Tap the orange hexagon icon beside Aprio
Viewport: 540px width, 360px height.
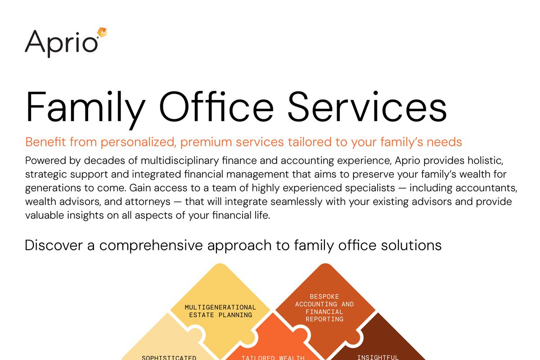[x=102, y=33]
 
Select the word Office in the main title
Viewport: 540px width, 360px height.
[x=216, y=107]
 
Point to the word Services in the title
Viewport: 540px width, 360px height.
[x=367, y=107]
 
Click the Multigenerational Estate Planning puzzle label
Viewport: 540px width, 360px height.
[x=220, y=311]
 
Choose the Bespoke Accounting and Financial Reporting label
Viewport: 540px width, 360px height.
[x=324, y=308]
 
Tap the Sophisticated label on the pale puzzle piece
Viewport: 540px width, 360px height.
[x=169, y=358]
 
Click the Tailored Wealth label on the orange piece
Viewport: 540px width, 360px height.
[x=273, y=358]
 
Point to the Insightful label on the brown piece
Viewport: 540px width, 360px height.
[x=378, y=357]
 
